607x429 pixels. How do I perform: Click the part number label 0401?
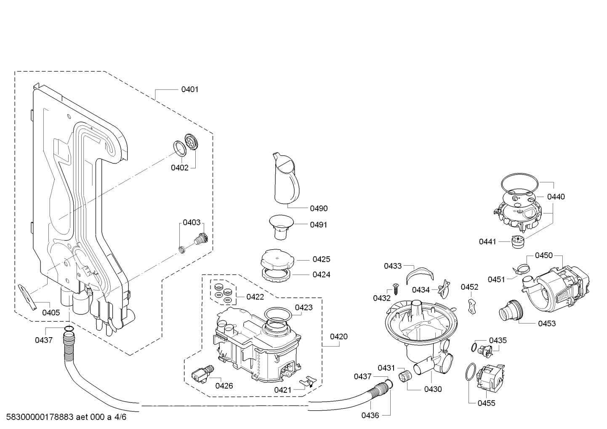190,89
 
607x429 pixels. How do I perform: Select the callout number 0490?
319,208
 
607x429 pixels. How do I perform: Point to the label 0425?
321,259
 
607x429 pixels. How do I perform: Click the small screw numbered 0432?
396,289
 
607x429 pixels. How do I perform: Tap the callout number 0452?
469,287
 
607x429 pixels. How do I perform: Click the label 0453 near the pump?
547,323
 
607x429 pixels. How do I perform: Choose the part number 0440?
556,197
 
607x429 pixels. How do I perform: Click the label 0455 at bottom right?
486,403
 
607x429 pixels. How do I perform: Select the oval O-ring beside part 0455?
470,372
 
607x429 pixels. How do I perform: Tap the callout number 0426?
224,386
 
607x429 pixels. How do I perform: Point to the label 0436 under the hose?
370,416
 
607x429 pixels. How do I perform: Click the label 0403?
191,223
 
